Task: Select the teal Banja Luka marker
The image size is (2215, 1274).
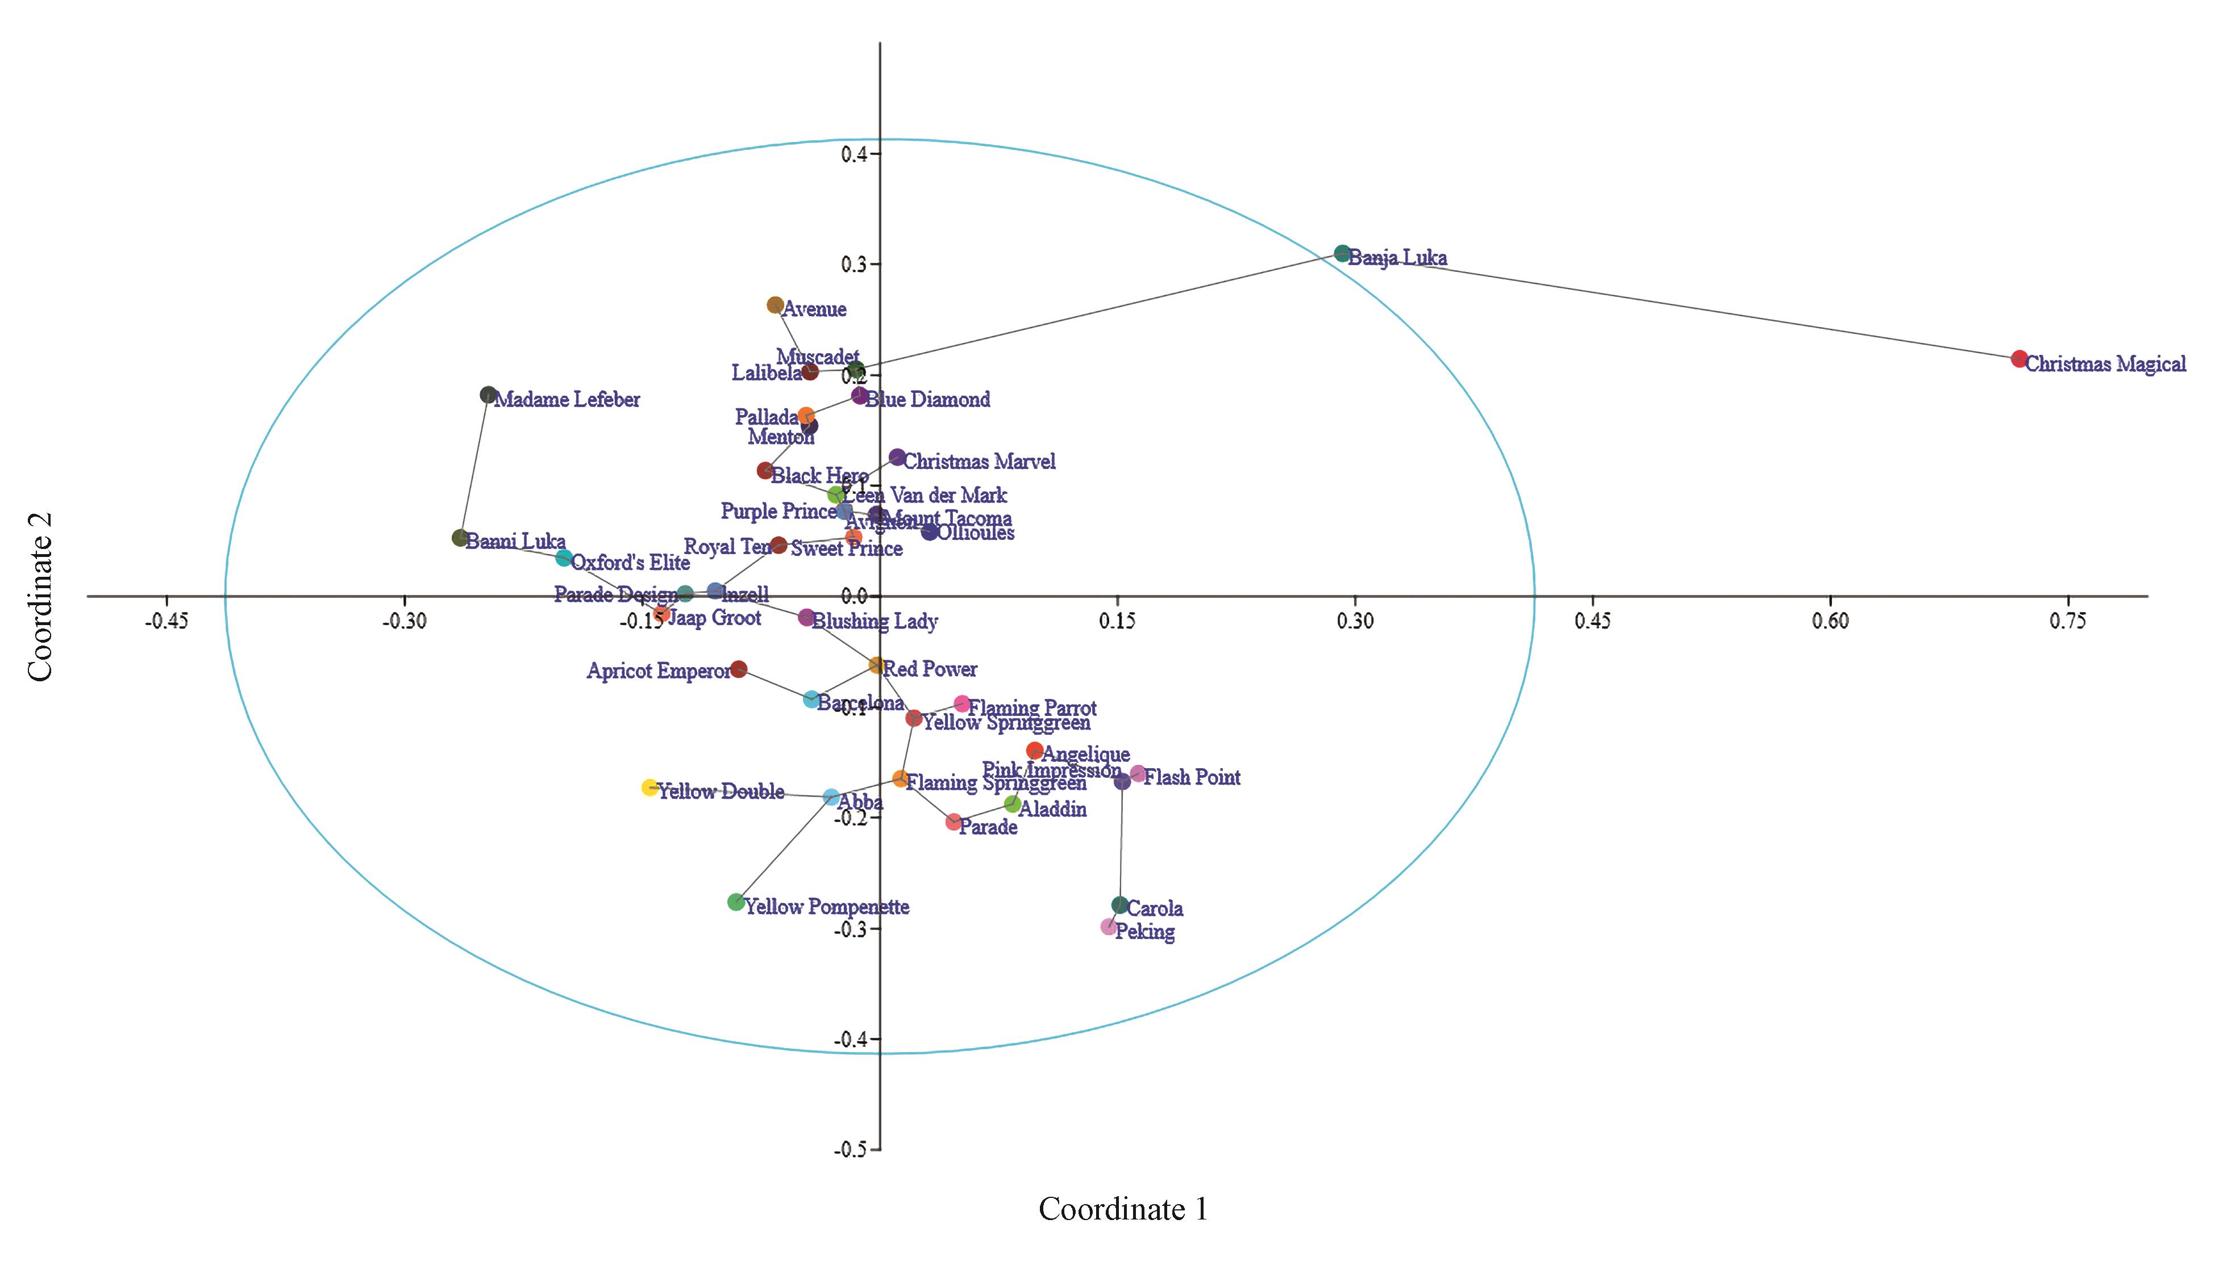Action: click(x=1342, y=254)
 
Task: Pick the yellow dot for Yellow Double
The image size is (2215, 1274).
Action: click(x=649, y=787)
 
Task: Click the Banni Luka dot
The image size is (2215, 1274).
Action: click(x=460, y=538)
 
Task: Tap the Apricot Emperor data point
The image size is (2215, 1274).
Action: click(x=739, y=669)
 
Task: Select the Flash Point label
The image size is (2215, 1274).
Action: click(x=1192, y=778)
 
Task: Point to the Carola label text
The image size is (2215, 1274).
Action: click(x=1154, y=909)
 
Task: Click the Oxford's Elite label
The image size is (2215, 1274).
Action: click(x=630, y=563)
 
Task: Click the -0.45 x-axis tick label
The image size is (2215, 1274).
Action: click(x=166, y=621)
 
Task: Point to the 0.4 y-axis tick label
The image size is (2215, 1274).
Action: click(x=853, y=154)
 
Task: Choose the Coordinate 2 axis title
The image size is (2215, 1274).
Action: click(x=41, y=597)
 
